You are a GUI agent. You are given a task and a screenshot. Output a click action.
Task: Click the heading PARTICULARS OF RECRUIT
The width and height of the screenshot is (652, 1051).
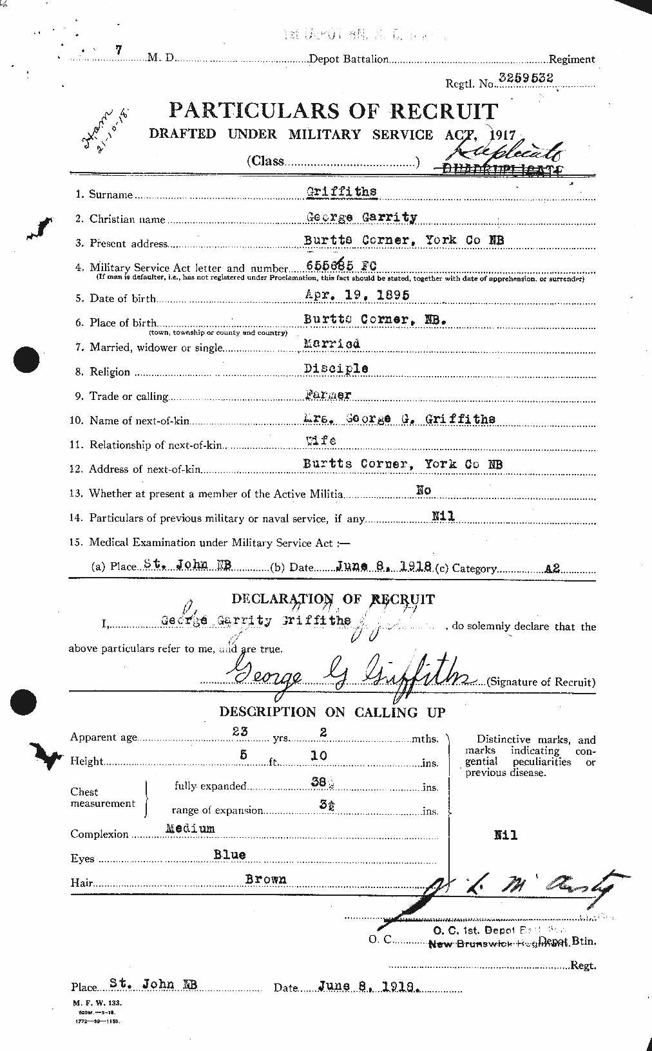[333, 111]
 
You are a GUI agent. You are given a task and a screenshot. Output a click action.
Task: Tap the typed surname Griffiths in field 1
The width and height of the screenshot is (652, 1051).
[341, 191]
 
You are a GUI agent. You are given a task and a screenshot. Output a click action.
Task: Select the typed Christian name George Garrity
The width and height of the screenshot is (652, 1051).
[361, 216]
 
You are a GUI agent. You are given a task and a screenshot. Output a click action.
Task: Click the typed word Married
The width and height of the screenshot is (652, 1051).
[332, 344]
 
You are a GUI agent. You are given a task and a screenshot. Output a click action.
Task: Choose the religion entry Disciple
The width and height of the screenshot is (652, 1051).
[336, 368]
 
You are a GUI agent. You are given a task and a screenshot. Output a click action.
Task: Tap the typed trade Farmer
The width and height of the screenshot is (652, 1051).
[327, 393]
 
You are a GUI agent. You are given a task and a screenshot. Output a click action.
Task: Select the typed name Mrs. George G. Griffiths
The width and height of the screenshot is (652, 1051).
[398, 419]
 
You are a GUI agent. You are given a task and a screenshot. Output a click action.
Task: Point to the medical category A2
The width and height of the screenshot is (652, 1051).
[552, 568]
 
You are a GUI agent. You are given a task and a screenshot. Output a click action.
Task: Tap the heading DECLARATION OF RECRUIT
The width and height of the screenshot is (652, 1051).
[332, 599]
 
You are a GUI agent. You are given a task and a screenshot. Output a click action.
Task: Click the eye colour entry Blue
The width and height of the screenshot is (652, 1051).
[229, 855]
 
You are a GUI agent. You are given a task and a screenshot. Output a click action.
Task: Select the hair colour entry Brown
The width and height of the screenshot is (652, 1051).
[265, 879]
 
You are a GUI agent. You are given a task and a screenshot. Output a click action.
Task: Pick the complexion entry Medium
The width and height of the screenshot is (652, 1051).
[189, 828]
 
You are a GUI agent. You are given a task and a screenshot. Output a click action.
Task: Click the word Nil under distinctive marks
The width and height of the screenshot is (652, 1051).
[506, 835]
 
